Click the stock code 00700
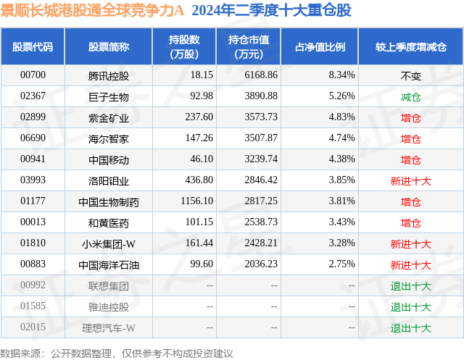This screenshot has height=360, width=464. point(33,75)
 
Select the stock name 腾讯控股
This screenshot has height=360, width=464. point(108,75)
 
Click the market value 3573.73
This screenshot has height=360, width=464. point(262,117)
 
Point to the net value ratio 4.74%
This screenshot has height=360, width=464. point(341,138)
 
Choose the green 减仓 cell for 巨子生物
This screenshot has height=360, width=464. point(410,96)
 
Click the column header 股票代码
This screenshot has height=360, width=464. point(33,47)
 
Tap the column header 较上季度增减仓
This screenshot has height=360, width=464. point(410,47)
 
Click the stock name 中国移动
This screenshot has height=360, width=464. point(108,159)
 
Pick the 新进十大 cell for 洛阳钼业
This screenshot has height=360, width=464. point(410,180)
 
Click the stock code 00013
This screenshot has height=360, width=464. point(33,222)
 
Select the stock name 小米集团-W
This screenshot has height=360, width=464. point(108,244)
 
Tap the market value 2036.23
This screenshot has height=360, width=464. point(262,265)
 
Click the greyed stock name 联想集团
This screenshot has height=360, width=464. point(108,286)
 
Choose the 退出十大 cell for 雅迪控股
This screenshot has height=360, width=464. point(410,307)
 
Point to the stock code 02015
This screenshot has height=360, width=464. point(33,328)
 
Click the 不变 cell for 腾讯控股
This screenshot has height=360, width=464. point(410,75)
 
